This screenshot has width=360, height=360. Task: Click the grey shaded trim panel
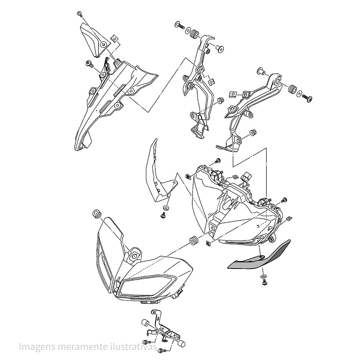pyautogui.click(x=259, y=257)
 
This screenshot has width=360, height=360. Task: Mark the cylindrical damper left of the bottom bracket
pyautogui.click(x=145, y=322)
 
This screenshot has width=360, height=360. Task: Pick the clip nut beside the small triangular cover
pyautogui.click(x=115, y=38)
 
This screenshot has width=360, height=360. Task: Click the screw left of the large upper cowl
pyautogui.click(x=89, y=64)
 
